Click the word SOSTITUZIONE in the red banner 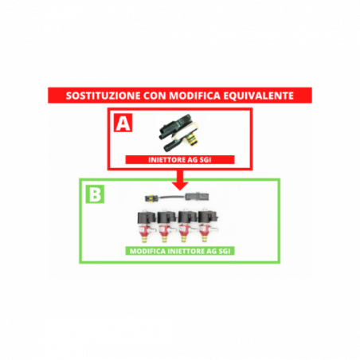103,96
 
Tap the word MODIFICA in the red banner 195,96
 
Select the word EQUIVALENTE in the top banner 258,96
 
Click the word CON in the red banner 155,96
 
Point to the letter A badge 123,123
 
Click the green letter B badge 95,194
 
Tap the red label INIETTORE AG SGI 180,160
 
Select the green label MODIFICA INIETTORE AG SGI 180,251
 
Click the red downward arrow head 180,186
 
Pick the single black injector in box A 179,132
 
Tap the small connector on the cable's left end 151,198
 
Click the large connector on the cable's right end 197,197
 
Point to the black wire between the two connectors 170,198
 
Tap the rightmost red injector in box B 208,226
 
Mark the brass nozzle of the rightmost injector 205,238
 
